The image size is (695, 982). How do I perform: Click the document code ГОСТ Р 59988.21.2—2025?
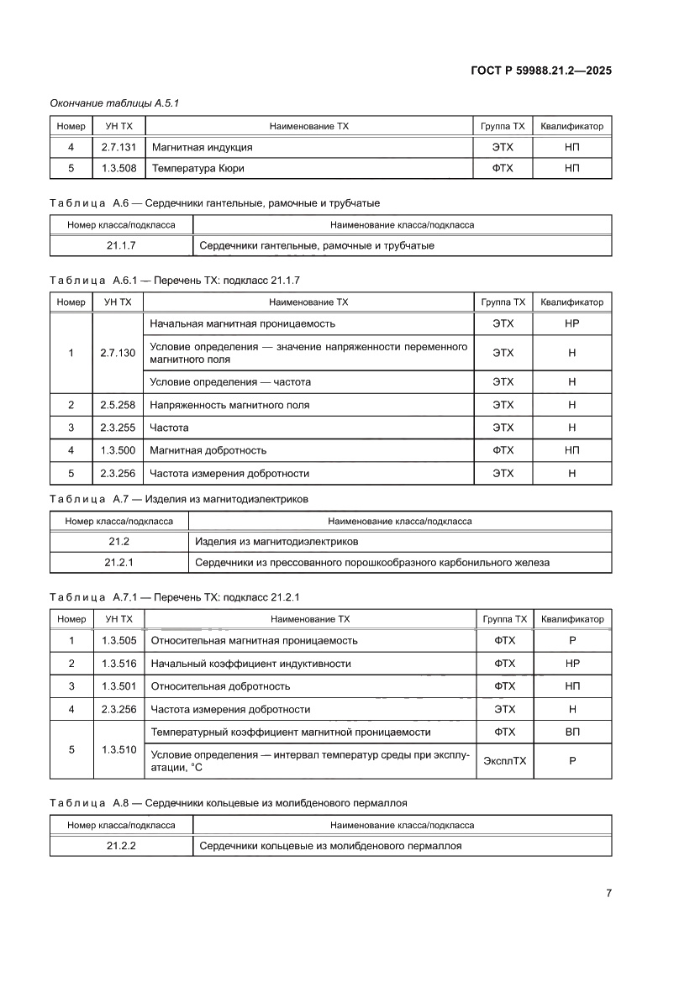click(541, 71)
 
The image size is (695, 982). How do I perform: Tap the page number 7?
click(608, 893)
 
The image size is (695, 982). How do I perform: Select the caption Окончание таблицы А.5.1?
click(114, 102)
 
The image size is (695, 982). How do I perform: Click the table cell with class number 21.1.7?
click(121, 246)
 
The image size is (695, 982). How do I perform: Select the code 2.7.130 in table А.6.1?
click(118, 353)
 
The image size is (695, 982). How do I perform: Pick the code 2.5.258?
click(118, 405)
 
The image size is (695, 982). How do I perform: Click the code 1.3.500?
click(118, 450)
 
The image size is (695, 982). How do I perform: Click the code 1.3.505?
click(118, 641)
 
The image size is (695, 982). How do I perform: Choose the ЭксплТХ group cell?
click(504, 761)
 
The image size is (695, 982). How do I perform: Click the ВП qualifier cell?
click(572, 733)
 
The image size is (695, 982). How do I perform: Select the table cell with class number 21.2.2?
click(121, 846)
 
